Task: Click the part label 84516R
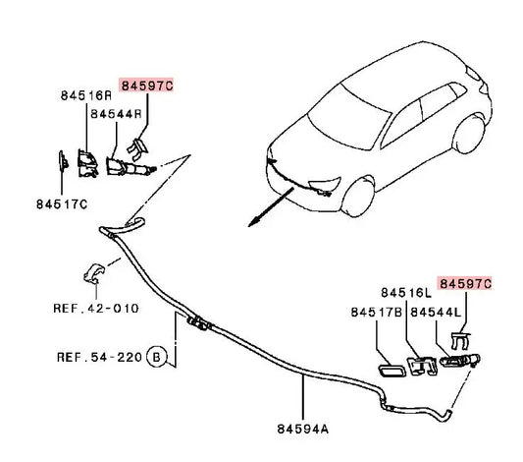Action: (x=86, y=96)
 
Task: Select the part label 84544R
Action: (x=117, y=114)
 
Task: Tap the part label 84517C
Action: (x=62, y=204)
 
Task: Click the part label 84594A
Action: (x=303, y=429)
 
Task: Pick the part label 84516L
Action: (x=406, y=293)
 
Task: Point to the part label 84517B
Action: (x=377, y=313)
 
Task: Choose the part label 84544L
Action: (x=436, y=313)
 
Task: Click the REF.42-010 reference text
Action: (x=96, y=309)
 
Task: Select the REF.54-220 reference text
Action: (x=100, y=358)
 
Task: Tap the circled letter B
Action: (x=156, y=357)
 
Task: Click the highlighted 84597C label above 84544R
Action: (x=147, y=86)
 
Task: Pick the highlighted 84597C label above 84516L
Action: (x=465, y=284)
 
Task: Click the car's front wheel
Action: (x=358, y=197)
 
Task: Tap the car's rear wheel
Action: (x=469, y=134)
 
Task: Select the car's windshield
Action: (x=348, y=117)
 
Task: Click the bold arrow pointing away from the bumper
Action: (x=271, y=207)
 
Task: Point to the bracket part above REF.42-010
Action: (x=94, y=273)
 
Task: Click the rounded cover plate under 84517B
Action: (x=392, y=371)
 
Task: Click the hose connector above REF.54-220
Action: (x=199, y=323)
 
